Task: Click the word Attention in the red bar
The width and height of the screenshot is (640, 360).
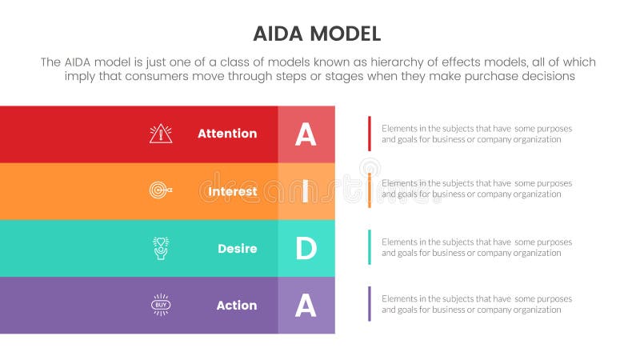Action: pos(227,134)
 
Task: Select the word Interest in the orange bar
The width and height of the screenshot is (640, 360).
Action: pos(233,191)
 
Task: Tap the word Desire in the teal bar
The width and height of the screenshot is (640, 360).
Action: pos(237,249)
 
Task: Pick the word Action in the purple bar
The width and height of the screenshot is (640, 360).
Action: pos(236,306)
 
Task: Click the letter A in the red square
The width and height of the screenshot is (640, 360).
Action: pos(306,134)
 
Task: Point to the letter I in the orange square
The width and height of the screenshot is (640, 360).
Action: pos(306,192)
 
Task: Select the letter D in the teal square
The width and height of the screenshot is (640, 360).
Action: pos(306,249)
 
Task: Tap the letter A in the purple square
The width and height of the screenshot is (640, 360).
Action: pos(306,306)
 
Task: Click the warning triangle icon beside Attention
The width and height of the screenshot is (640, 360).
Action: pos(161,134)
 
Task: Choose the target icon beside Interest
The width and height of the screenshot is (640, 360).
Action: pos(160,191)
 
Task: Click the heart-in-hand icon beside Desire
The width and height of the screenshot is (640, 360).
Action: pos(160,248)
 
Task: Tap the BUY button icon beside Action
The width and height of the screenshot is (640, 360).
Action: pos(161,305)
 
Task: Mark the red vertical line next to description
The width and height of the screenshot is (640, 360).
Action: pos(369,134)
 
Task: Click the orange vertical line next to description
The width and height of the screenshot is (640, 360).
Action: pos(369,190)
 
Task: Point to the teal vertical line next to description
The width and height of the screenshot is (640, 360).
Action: pos(369,247)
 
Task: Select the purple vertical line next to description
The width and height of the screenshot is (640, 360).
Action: pos(369,304)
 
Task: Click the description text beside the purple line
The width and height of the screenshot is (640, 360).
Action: pos(476,304)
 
